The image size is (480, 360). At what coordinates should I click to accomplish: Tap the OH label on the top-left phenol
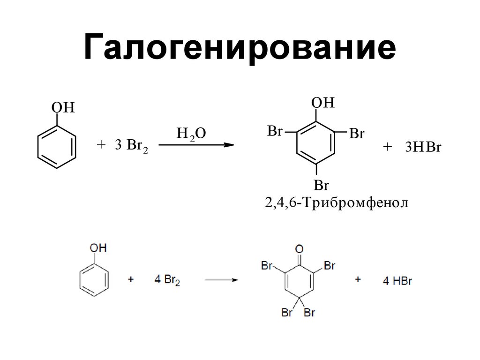63,108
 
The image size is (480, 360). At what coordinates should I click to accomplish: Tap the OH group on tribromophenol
323,103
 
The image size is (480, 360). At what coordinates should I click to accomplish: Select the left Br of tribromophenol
275,131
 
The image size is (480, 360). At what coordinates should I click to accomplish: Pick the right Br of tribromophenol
356,134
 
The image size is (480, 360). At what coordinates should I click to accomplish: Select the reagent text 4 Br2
167,280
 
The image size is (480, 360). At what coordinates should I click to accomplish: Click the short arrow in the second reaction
222,280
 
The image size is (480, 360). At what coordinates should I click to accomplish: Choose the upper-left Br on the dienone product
267,266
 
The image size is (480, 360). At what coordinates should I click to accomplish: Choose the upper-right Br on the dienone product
330,266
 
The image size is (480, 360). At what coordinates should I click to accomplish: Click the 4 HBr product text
397,281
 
